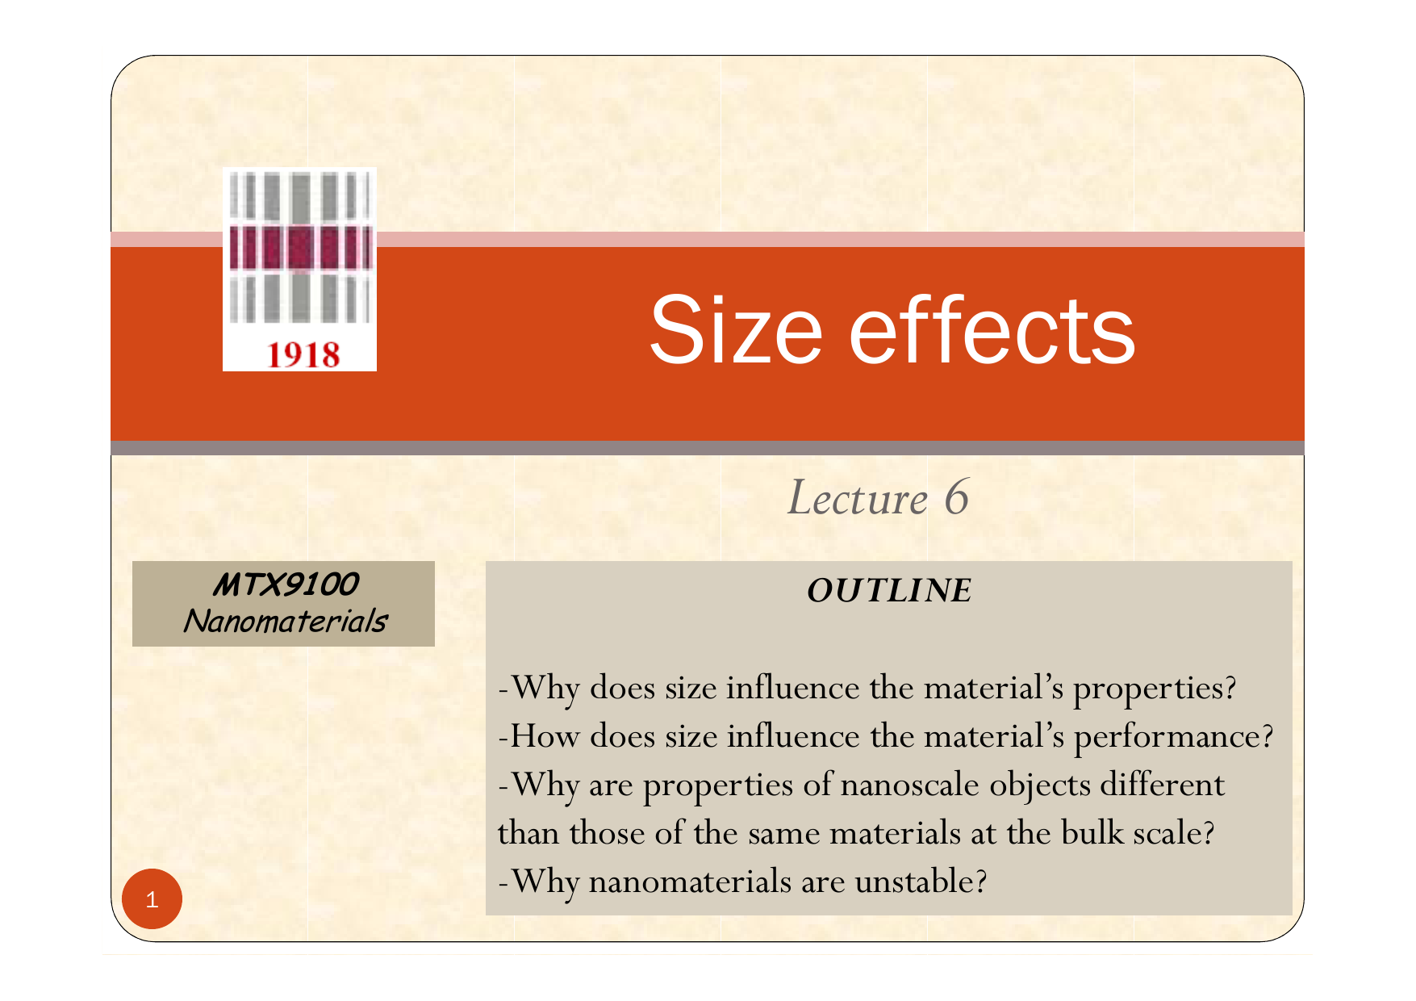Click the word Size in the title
pyautogui.click(x=736, y=329)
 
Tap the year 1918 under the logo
pyautogui.click(x=303, y=355)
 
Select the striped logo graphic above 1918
pyautogui.click(x=299, y=249)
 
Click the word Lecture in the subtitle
pyautogui.click(x=858, y=497)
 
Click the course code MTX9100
pyautogui.click(x=285, y=584)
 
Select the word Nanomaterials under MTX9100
pyautogui.click(x=285, y=621)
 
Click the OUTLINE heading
pyautogui.click(x=889, y=590)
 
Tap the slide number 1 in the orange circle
pyautogui.click(x=152, y=899)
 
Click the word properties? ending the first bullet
pyautogui.click(x=1155, y=689)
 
